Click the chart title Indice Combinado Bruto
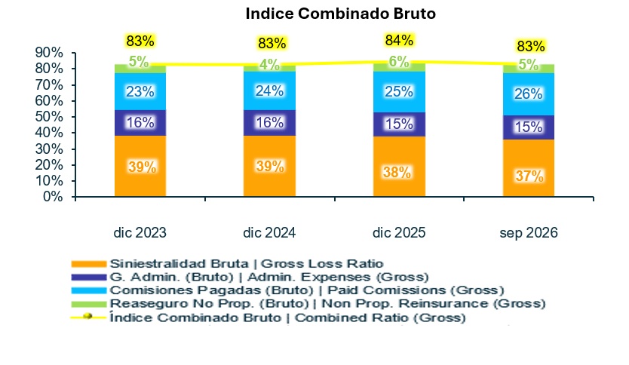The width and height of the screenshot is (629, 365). [341, 14]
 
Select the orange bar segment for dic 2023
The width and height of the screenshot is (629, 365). [140, 166]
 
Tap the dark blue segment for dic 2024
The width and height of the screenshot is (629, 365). [269, 123]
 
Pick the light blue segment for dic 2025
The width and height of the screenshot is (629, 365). [399, 92]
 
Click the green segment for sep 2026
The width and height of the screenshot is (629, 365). [529, 69]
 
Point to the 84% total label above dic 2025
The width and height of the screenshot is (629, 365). [399, 41]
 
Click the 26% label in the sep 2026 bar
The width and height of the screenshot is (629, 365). [529, 94]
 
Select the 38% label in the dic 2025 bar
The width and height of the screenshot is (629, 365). [397, 173]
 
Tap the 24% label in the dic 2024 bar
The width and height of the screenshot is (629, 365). [269, 91]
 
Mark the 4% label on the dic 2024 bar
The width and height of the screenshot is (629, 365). [269, 65]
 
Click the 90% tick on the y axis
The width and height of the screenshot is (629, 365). [49, 53]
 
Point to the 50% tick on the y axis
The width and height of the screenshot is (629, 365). [49, 117]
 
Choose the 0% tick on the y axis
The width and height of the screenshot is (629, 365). [53, 197]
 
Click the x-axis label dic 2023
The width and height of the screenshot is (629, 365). [140, 232]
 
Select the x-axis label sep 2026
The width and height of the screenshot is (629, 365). [529, 232]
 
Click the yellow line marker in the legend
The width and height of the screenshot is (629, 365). [88, 317]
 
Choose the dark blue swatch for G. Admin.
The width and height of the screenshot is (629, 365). [89, 277]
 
